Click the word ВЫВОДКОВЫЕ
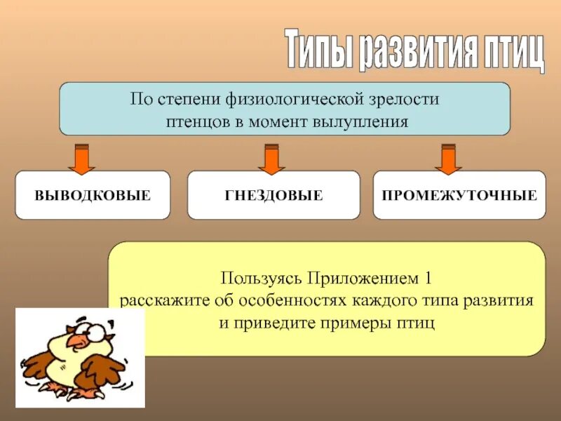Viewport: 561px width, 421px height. point(93,195)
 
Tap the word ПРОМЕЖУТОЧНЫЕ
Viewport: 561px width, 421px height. point(459,195)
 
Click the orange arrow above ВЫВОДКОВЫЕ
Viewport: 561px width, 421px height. point(81,159)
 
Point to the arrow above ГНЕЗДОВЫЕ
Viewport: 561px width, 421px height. point(271,159)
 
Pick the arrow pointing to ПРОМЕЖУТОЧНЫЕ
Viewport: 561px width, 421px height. point(448,159)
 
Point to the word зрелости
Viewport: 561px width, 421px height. point(407,99)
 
